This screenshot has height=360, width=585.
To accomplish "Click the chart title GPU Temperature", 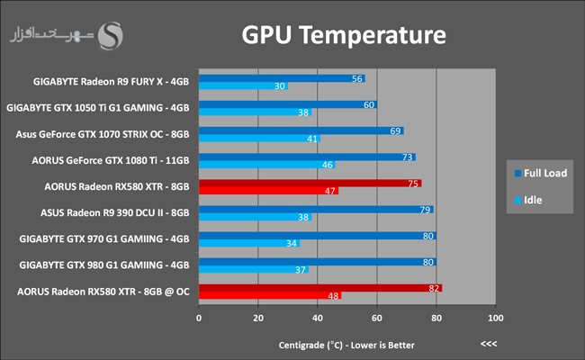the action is coord(344,35).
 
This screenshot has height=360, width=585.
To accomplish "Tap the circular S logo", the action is coord(111,36).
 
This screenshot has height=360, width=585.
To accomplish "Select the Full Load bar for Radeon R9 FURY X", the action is coord(282,78).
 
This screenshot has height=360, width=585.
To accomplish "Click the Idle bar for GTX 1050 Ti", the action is coord(256,112).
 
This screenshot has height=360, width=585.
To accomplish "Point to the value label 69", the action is coord(395,130).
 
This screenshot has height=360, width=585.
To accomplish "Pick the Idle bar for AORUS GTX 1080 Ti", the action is coord(267,165).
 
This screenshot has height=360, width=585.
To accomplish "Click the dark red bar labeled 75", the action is coord(310,184).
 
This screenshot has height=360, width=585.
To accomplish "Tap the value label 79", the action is coord(425,210).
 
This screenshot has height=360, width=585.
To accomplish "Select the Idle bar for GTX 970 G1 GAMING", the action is coord(249,243).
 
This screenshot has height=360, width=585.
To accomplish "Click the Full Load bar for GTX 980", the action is coord(318,262).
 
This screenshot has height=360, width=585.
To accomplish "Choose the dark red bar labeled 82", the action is coord(320,288).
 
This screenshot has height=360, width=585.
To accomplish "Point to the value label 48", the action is coord(333,296).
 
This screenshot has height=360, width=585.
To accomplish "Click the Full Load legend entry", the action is coord(541,173).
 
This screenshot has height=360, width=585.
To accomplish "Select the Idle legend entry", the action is coord(528,200).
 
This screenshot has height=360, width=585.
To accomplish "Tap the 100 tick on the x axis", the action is coord(496,318).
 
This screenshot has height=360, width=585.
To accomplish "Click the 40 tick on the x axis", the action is coord(318,318).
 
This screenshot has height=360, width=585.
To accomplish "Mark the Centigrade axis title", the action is coord(346,345).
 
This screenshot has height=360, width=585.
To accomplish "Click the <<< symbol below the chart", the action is coord(489,344).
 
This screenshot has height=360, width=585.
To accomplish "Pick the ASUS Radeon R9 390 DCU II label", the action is coord(115,212).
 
